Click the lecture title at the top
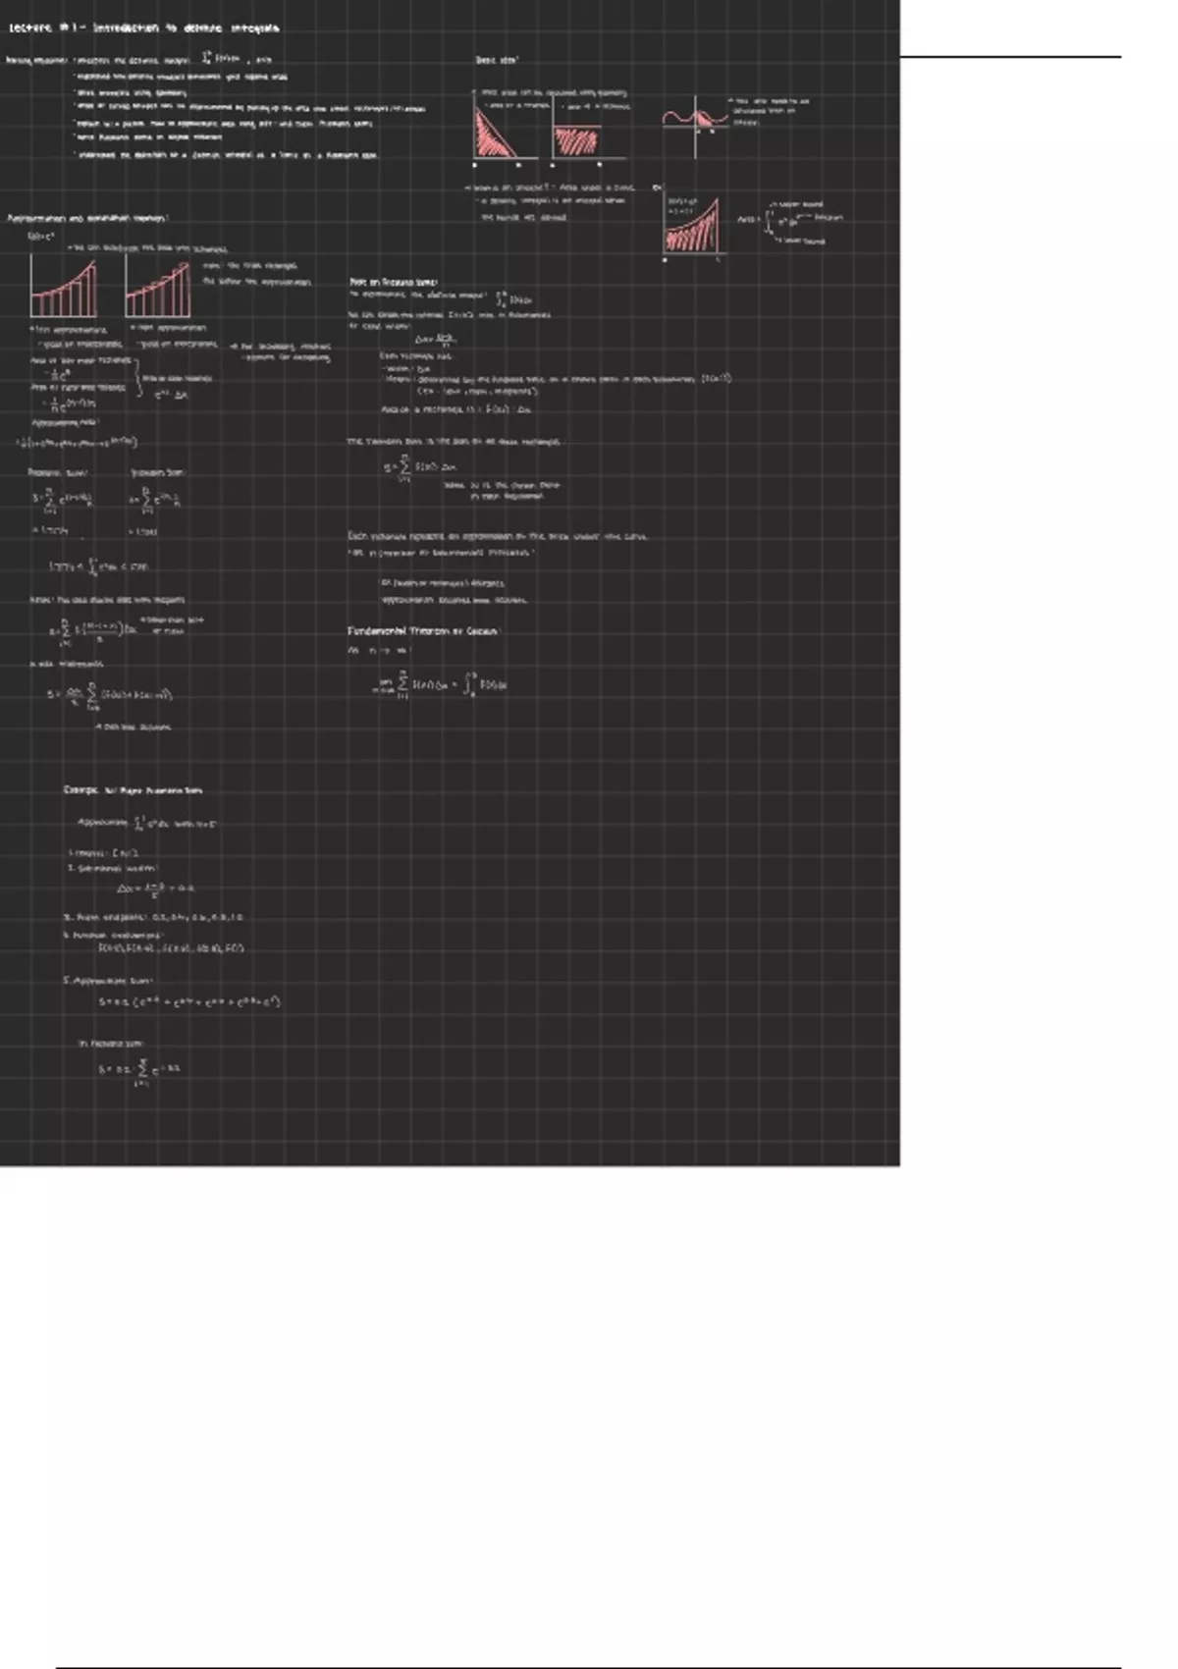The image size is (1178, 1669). click(x=144, y=28)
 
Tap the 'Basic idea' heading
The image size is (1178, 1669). click(x=497, y=61)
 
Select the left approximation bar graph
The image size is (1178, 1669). click(x=63, y=286)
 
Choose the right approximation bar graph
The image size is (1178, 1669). click(x=157, y=286)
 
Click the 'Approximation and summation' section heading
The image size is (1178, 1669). click(x=87, y=218)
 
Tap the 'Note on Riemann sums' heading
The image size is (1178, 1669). click(x=394, y=282)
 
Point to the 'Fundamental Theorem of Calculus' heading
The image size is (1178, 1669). click(x=423, y=631)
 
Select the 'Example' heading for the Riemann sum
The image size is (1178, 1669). click(x=133, y=790)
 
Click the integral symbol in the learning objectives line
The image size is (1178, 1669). click(x=205, y=59)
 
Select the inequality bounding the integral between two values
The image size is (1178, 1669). click(x=99, y=566)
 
